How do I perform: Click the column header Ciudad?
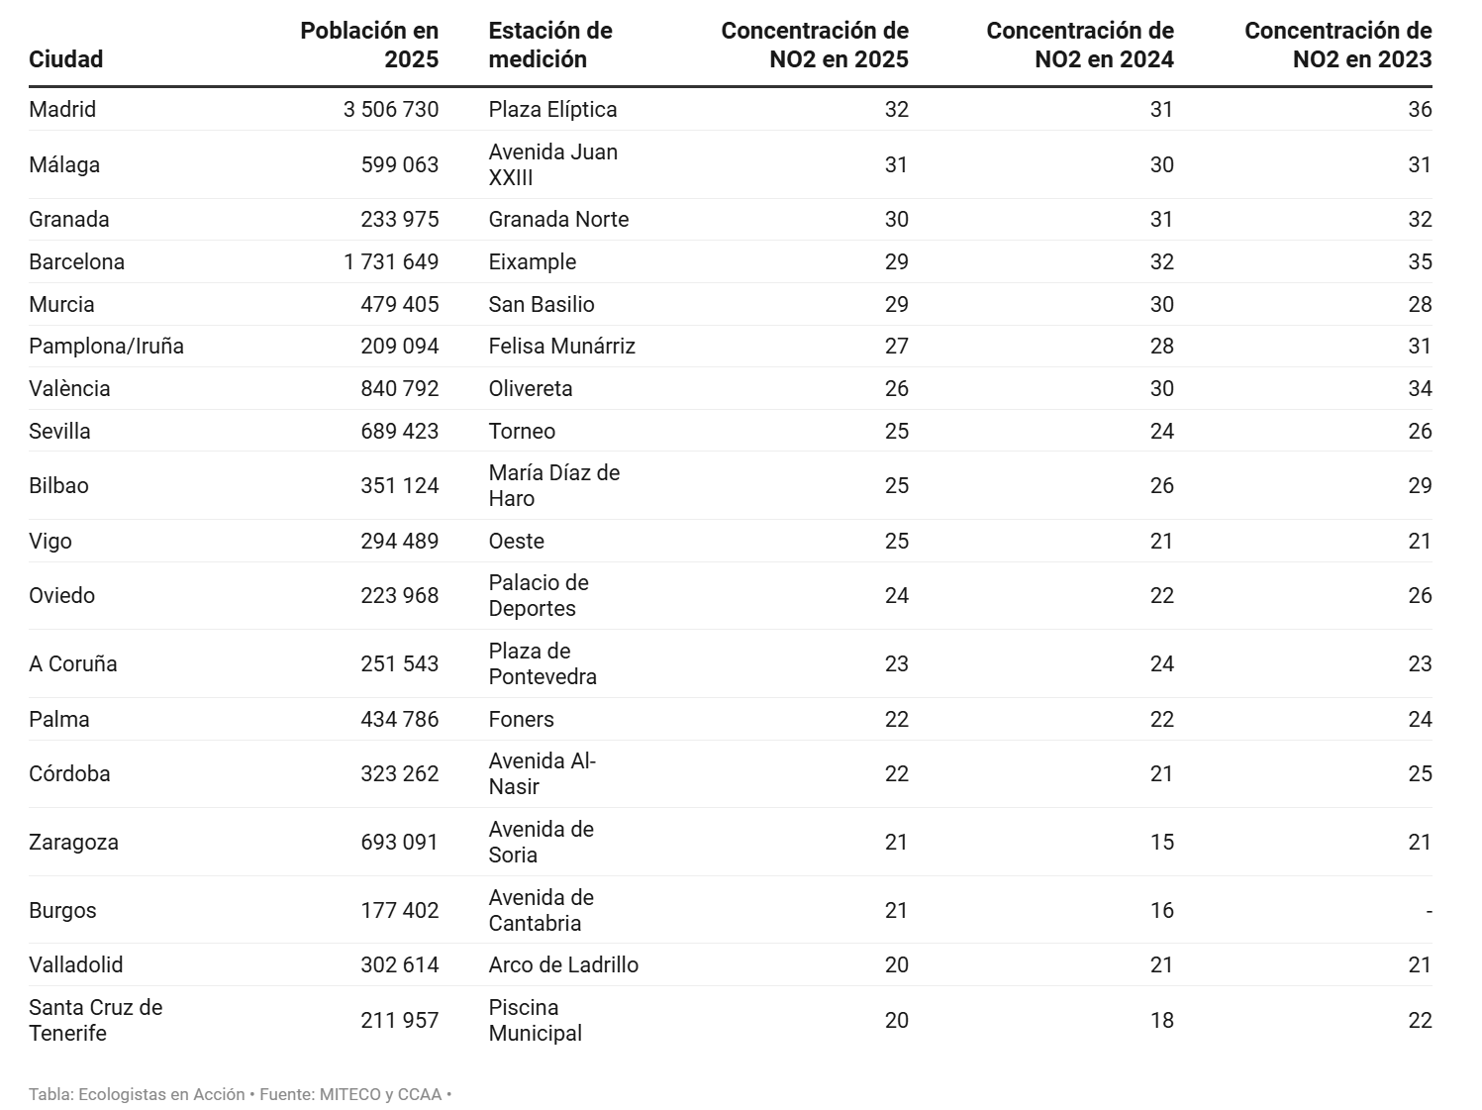click(65, 59)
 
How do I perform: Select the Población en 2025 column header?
click(369, 45)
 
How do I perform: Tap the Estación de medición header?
click(550, 45)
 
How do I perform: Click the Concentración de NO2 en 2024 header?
click(1079, 45)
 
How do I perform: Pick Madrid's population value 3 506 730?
click(390, 109)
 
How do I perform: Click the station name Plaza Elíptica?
click(552, 109)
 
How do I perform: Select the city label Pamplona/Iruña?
click(106, 346)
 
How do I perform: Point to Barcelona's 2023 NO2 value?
click(1419, 261)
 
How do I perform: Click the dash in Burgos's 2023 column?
click(1428, 910)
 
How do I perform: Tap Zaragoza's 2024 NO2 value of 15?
click(1161, 842)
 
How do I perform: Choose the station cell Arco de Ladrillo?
click(563, 964)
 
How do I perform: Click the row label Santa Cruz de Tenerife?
click(95, 1020)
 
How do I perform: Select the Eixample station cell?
click(532, 261)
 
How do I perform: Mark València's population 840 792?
click(399, 388)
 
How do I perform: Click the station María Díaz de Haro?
click(553, 485)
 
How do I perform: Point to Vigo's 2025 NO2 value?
click(896, 541)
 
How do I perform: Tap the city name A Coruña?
click(72, 663)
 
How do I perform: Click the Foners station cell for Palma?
click(521, 719)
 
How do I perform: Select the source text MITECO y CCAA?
click(380, 1094)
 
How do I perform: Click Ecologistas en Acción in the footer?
click(161, 1094)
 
